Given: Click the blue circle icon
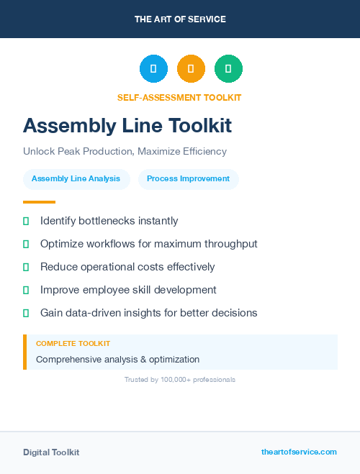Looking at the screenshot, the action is click(x=153, y=68).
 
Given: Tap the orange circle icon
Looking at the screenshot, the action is click(x=191, y=68).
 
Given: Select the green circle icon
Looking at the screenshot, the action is click(x=228, y=68).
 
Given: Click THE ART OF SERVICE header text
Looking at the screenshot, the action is click(x=180, y=19).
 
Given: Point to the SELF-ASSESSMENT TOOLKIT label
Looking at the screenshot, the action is click(x=179, y=97).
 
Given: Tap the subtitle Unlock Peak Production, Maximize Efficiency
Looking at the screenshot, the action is click(x=125, y=152).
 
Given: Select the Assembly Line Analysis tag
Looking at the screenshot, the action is click(x=76, y=179).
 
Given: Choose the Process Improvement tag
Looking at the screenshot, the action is click(x=188, y=179).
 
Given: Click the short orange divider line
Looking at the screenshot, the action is click(x=39, y=202).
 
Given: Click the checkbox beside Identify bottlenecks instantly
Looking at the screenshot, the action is click(x=26, y=221).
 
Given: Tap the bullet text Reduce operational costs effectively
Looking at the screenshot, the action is click(x=127, y=267).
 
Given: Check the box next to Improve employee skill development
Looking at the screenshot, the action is click(x=26, y=290).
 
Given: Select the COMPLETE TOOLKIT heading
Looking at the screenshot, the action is click(x=73, y=344).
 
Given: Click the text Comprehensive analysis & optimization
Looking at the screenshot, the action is click(x=117, y=359).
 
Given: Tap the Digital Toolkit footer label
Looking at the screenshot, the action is click(x=51, y=452).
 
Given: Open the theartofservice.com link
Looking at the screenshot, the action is click(x=299, y=452).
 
